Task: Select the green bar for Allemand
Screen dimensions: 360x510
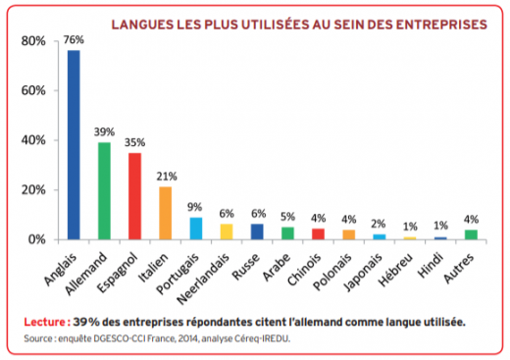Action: pyautogui.click(x=104, y=190)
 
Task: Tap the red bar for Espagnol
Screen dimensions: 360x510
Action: pyautogui.click(x=134, y=195)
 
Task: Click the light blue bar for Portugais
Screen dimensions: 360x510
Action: pyautogui.click(x=195, y=229)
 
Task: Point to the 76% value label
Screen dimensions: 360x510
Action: pyautogui.click(x=74, y=40)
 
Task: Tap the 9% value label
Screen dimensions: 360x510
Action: pyautogui.click(x=195, y=207)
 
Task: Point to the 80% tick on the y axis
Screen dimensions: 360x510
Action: pyautogui.click(x=31, y=41)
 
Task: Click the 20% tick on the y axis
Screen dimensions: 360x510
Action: pyautogui.click(x=31, y=190)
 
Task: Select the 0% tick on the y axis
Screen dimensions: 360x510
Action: pyautogui.click(x=35, y=239)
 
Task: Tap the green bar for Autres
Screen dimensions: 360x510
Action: pyautogui.click(x=470, y=234)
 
